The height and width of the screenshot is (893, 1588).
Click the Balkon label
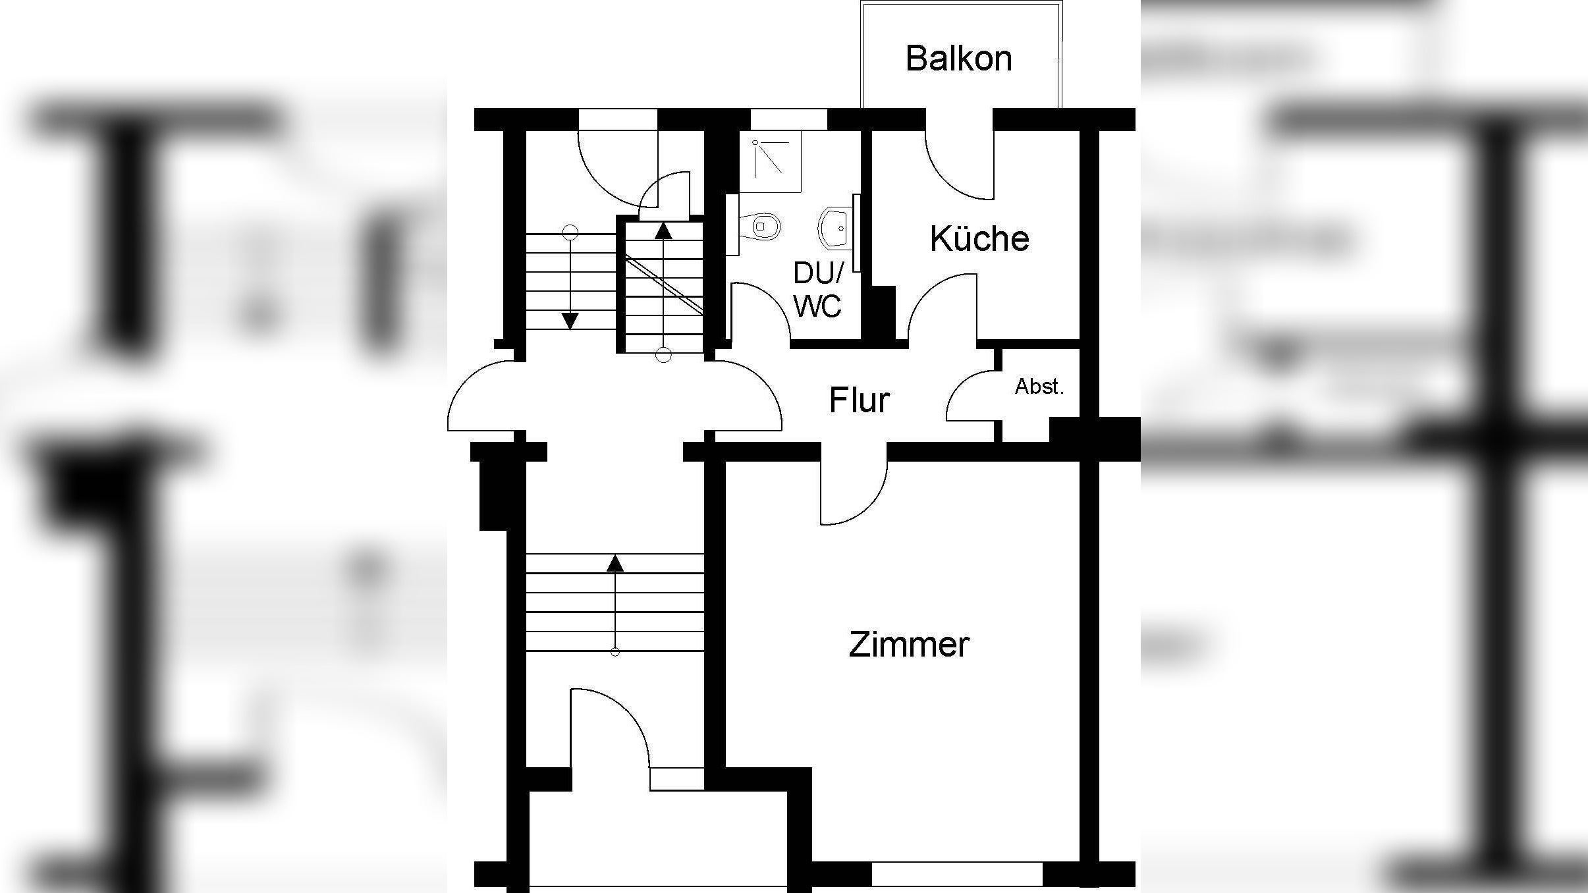958,59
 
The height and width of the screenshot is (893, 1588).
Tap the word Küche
979,238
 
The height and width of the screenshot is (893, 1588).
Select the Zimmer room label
908,645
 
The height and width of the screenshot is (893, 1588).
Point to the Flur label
859,400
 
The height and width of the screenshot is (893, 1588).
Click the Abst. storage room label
1039,387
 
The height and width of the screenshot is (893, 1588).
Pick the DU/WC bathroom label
817,290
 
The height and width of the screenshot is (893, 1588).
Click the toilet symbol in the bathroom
762,227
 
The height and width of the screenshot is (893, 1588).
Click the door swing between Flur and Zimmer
856,494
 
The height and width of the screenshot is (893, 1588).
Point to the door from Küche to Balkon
955,171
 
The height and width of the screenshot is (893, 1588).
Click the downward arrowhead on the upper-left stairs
570,321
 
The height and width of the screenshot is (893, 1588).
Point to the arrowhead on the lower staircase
615,563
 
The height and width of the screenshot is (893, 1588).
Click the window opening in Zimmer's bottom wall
957,873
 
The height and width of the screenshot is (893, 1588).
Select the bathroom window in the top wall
788,119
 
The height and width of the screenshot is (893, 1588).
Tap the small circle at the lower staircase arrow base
615,652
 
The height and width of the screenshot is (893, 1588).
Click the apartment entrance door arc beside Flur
751,395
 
